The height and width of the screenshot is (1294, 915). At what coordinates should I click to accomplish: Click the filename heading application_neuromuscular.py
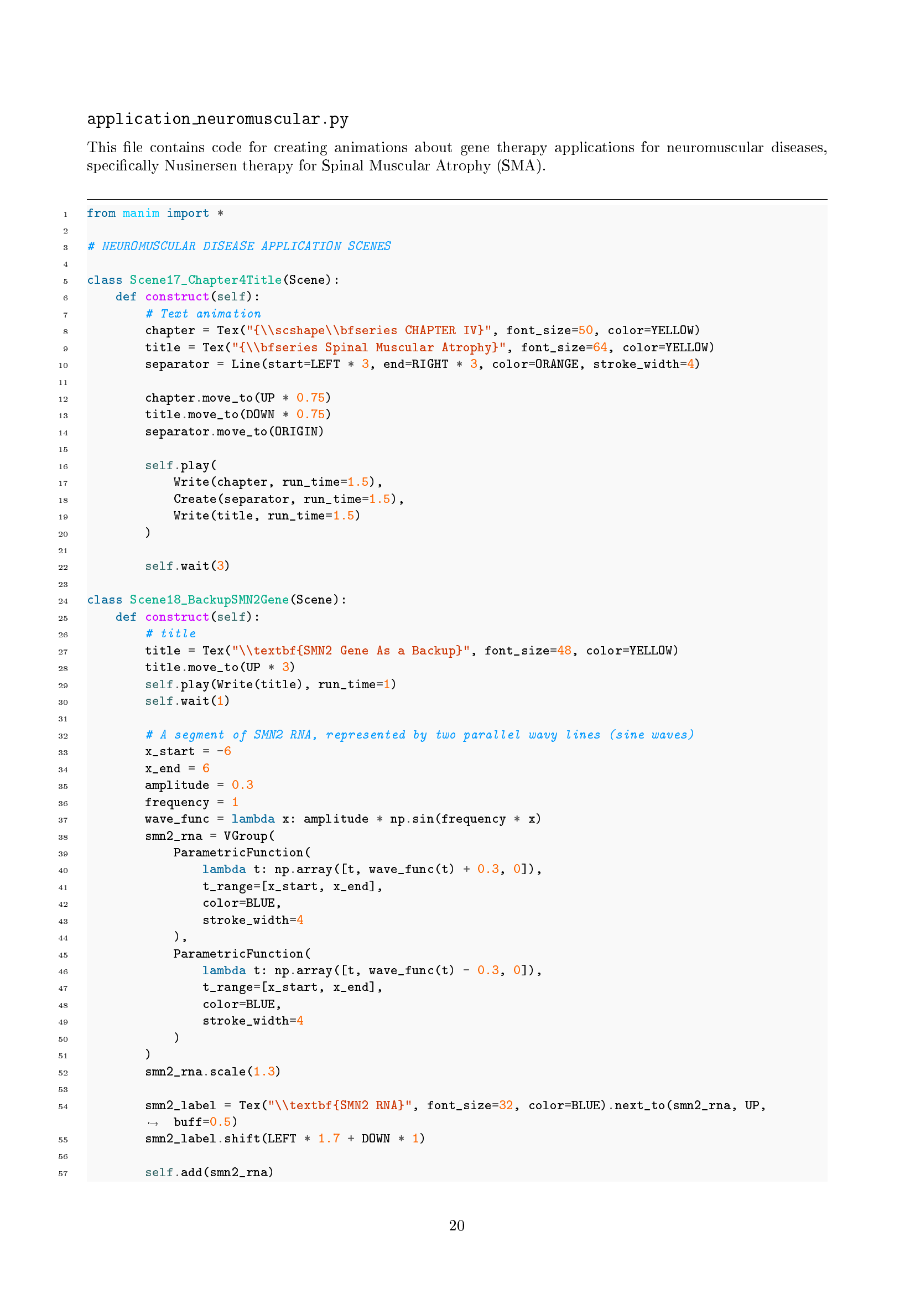click(x=217, y=119)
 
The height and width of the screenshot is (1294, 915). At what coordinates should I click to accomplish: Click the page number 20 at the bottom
click(x=456, y=1225)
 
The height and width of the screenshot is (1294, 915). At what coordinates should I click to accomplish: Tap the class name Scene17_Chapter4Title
click(x=206, y=280)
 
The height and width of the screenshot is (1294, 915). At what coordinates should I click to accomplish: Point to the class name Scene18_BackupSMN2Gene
click(x=209, y=600)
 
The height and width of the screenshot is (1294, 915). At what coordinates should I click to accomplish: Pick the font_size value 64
click(x=600, y=347)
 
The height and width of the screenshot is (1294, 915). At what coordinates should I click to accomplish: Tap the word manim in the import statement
click(x=141, y=213)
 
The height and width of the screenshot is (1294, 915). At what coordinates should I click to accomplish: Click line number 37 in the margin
click(x=63, y=820)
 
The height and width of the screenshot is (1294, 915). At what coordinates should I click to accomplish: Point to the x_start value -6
click(x=223, y=751)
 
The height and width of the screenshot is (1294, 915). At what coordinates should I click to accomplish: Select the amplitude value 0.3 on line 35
click(x=242, y=785)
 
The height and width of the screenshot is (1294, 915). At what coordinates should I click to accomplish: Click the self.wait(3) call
click(x=187, y=566)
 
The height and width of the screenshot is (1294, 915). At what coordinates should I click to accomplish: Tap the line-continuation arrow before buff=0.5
click(x=153, y=1122)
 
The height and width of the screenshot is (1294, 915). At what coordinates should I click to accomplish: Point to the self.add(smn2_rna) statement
click(x=209, y=1172)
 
